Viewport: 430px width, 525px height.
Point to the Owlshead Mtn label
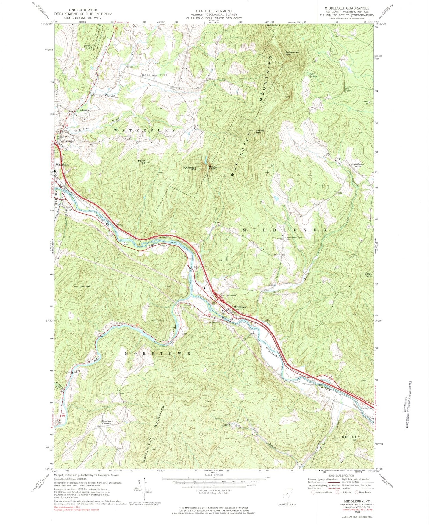coord(190,169)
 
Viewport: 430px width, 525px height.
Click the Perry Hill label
coord(141,162)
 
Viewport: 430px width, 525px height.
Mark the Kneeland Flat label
coord(154,75)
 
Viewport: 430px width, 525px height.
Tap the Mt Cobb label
coord(85,286)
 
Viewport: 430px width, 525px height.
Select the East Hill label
coord(369,275)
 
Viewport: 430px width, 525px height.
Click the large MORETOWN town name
coord(158,353)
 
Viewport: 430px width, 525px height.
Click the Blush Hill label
coord(87,47)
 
